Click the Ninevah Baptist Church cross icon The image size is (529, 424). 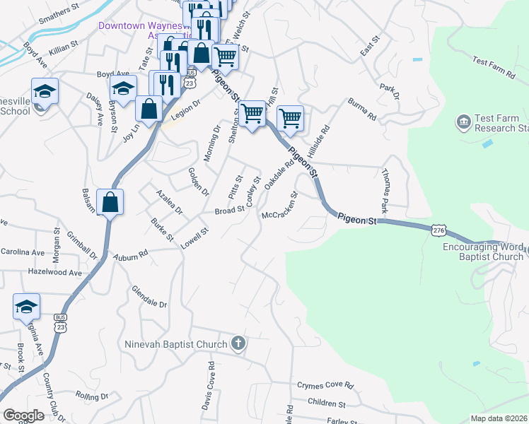(238, 344)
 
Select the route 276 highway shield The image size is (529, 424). (438, 230)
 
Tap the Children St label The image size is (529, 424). (327, 404)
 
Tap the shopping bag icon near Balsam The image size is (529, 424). (111, 202)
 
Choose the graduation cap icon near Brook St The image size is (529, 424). (26, 307)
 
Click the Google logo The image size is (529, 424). (23, 416)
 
